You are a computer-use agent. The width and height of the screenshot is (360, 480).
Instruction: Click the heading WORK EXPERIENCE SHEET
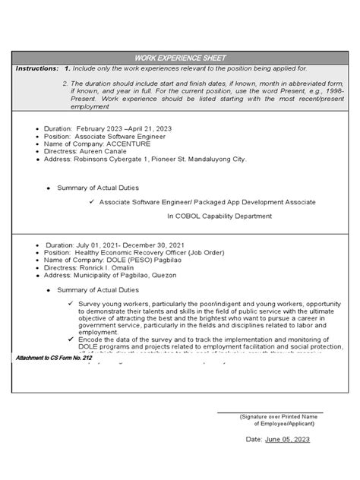(179, 58)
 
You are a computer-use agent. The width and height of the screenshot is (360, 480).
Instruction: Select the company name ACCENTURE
(129, 144)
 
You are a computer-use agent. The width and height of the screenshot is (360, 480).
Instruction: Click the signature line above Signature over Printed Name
(270, 412)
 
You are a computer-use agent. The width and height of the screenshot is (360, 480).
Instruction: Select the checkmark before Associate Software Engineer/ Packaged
(91, 202)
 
